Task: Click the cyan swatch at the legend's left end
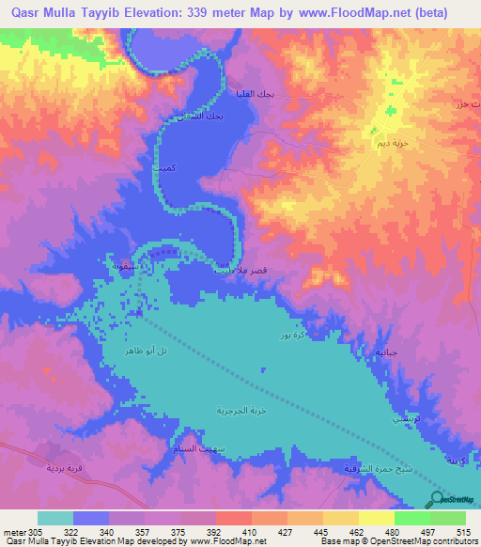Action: point(55,518)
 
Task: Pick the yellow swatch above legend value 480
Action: point(376,518)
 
